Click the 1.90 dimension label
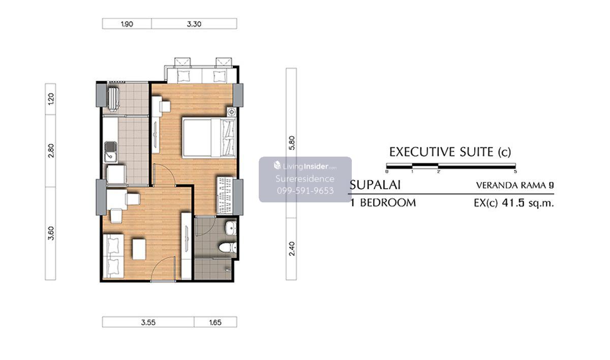pyautogui.click(x=127, y=24)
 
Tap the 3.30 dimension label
pyautogui.click(x=194, y=24)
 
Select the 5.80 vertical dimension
pyautogui.click(x=292, y=143)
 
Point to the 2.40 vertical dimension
pyautogui.click(x=292, y=249)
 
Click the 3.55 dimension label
pyautogui.click(x=148, y=322)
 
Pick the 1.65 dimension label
pyautogui.click(x=215, y=322)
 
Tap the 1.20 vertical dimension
pyautogui.click(x=51, y=99)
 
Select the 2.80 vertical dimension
pyautogui.click(x=51, y=151)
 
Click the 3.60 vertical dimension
pyautogui.click(x=51, y=233)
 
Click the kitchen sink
pyautogui.click(x=111, y=152)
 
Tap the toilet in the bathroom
pyautogui.click(x=228, y=248)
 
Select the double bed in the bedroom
pyautogui.click(x=209, y=138)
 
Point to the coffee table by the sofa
pyautogui.click(x=139, y=249)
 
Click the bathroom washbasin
pyautogui.click(x=231, y=228)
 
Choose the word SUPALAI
pyautogui.click(x=375, y=185)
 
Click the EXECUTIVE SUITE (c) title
pyautogui.click(x=450, y=152)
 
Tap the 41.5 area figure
pyautogui.click(x=513, y=203)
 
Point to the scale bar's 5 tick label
pyautogui.click(x=515, y=171)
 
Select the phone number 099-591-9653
pyautogui.click(x=306, y=191)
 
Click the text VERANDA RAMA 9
pyautogui.click(x=515, y=186)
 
